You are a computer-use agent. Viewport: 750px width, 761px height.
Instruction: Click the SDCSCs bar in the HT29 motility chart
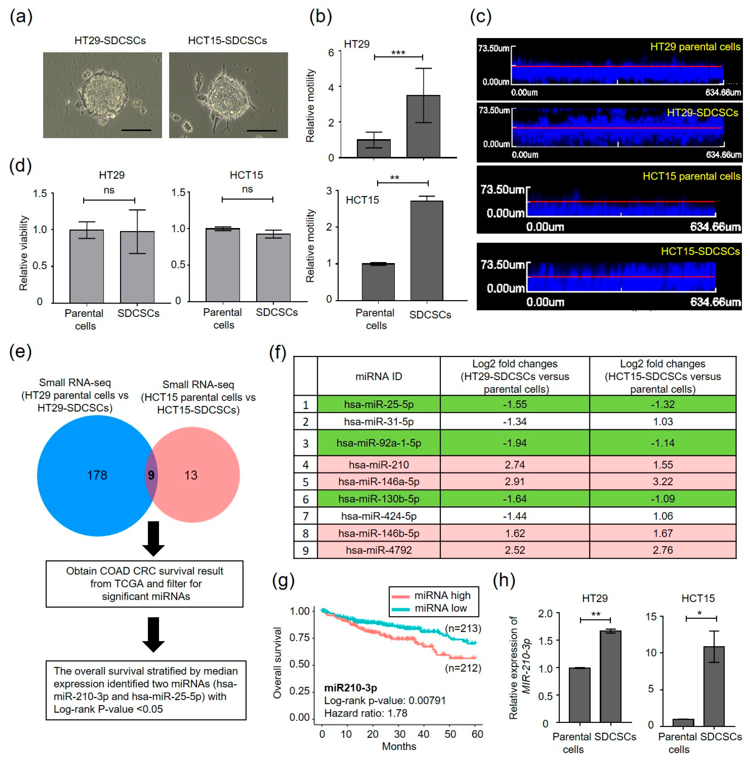(x=423, y=126)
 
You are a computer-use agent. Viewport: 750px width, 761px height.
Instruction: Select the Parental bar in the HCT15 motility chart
(x=378, y=282)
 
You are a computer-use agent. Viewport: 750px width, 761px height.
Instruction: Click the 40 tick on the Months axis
(x=424, y=734)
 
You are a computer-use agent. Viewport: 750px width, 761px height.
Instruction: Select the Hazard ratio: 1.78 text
(x=365, y=713)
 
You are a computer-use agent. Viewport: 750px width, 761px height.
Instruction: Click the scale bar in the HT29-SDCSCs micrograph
(x=136, y=130)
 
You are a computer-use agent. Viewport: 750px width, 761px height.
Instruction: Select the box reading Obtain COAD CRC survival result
(x=145, y=584)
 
